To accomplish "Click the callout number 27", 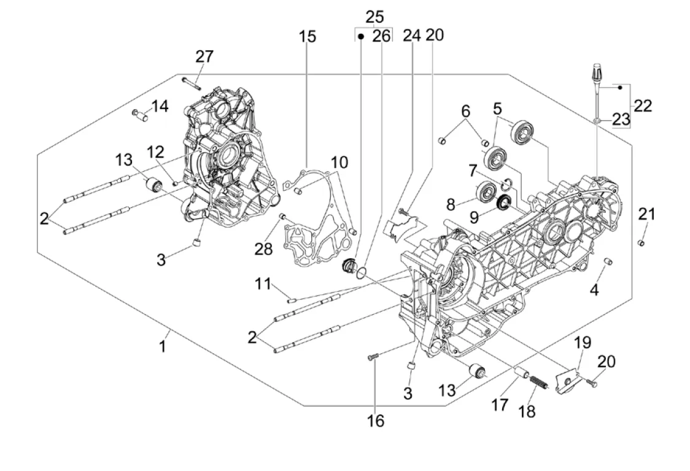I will tap(204, 56).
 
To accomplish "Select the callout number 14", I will tap(160, 106).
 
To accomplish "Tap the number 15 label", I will tap(308, 37).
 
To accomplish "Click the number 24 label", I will tap(411, 36).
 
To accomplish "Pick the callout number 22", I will tap(643, 105).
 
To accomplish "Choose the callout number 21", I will tap(646, 214).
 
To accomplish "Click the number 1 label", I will tap(163, 347).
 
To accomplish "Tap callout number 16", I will tap(376, 420).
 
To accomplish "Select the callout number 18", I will tap(527, 411).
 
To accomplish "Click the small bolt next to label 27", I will tap(191, 80).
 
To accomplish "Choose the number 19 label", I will tap(583, 342).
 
